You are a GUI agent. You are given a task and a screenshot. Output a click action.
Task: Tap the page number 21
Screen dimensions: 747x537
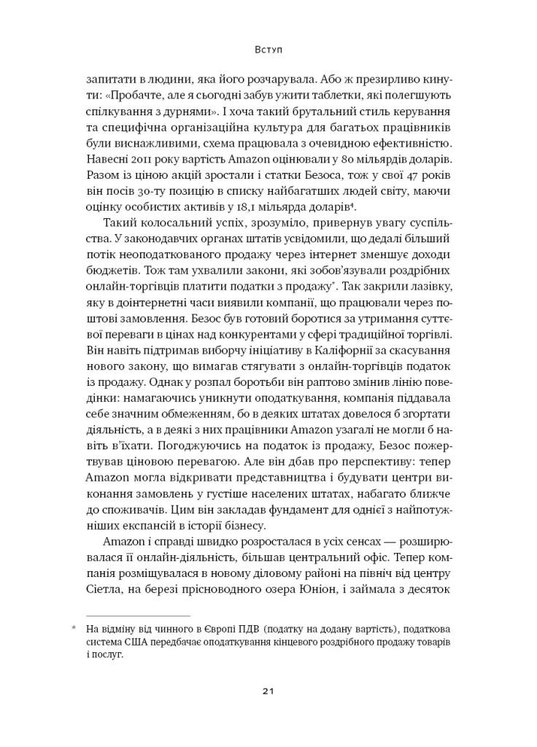pyautogui.click(x=268, y=690)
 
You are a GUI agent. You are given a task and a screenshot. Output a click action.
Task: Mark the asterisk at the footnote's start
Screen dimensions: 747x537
pyautogui.click(x=73, y=628)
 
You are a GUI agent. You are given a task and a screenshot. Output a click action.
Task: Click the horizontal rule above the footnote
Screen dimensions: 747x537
pyautogui.click(x=132, y=615)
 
